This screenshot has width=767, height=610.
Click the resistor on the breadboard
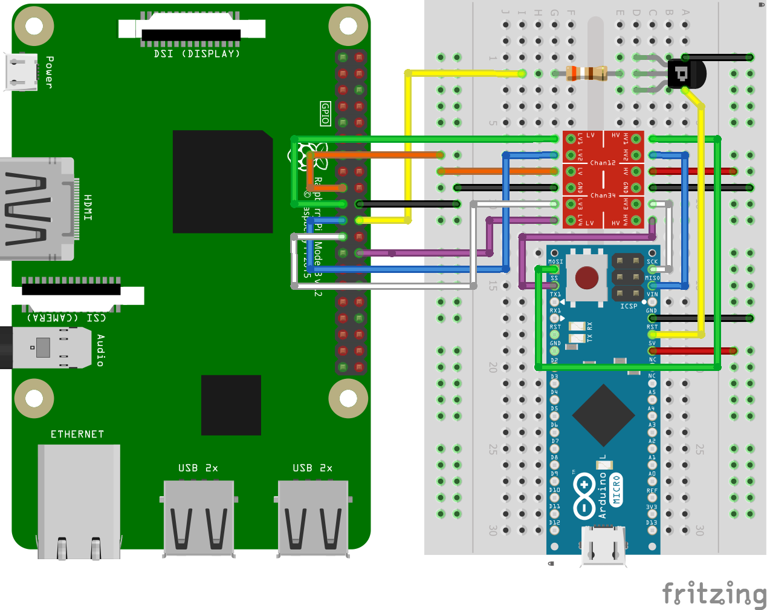(x=587, y=73)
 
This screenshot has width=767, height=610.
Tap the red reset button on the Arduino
(x=586, y=278)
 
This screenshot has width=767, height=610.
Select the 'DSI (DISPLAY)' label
(x=197, y=54)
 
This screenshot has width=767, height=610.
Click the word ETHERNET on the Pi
(x=77, y=435)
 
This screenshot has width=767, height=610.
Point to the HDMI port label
(x=88, y=208)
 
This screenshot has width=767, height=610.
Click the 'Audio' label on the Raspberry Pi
(x=100, y=350)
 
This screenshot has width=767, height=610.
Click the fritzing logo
(x=714, y=593)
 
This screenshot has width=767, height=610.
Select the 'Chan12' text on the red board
(x=603, y=163)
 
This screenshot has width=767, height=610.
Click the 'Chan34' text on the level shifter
(x=603, y=195)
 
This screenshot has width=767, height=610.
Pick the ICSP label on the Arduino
(x=629, y=306)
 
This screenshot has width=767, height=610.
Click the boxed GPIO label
(x=325, y=113)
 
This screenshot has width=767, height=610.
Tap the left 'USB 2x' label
(x=198, y=468)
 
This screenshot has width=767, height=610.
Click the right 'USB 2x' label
(x=312, y=468)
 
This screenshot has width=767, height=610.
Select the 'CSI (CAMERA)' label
(x=66, y=317)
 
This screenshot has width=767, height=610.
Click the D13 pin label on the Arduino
(x=651, y=522)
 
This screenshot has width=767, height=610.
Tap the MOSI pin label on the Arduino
(x=555, y=262)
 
